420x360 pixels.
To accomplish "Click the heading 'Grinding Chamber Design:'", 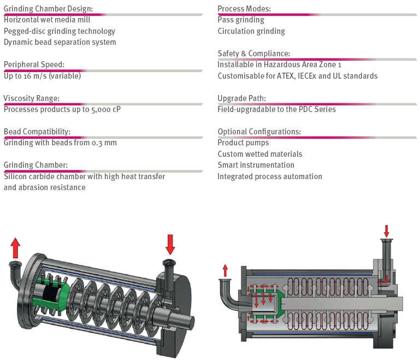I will pos(48,9).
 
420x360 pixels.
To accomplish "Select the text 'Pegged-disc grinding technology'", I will pos(60,31).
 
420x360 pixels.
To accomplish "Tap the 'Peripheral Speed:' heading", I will pos(34,64).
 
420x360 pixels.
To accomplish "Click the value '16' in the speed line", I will pos(28,76).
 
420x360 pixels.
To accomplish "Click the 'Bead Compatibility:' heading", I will pos(37,132).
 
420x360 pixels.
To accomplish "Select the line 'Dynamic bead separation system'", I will pos(60,42).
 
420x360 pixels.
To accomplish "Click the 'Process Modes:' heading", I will pos(244,9).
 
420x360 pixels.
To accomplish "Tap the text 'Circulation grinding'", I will pos(251,31).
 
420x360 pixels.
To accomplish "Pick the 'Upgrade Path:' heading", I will pos(242,98).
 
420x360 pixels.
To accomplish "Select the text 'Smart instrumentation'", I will pos(256,165).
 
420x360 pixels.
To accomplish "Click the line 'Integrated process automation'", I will pos(270,176).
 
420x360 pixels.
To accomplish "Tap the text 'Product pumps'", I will pos(243,143).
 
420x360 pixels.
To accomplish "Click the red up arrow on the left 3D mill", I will pos(15,247).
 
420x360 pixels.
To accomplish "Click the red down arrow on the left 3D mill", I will pos(170,244).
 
